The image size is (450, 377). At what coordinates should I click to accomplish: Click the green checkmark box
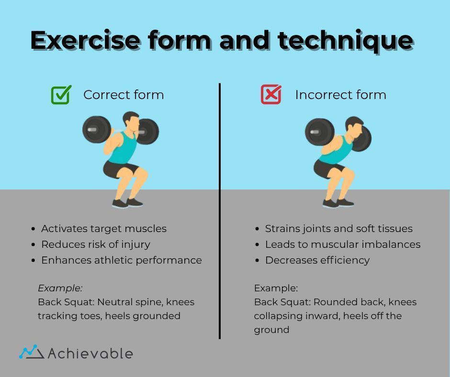click(x=61, y=95)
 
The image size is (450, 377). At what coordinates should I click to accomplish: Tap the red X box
click(x=271, y=94)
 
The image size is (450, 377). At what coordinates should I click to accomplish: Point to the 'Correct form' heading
click(x=124, y=95)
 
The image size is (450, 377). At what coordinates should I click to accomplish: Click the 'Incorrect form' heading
click(x=340, y=95)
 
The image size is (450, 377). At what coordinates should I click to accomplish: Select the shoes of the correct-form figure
click(x=128, y=203)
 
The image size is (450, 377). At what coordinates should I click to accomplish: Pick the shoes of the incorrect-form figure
click(x=338, y=203)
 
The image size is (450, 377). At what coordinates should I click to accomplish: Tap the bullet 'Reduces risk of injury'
click(x=95, y=244)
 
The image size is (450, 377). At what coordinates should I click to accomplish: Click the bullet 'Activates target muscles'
click(x=103, y=229)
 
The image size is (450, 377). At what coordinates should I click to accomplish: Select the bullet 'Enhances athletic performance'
click(x=121, y=260)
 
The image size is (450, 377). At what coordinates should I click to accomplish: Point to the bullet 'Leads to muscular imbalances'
click(x=342, y=244)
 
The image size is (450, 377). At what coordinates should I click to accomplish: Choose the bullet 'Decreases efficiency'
click(x=317, y=260)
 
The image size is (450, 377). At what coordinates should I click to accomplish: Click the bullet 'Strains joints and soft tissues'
click(x=338, y=229)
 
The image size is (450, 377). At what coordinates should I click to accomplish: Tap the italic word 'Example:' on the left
click(x=60, y=288)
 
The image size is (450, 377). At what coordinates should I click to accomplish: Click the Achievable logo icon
click(x=32, y=353)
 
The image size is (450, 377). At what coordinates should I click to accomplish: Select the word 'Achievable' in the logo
click(x=90, y=354)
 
